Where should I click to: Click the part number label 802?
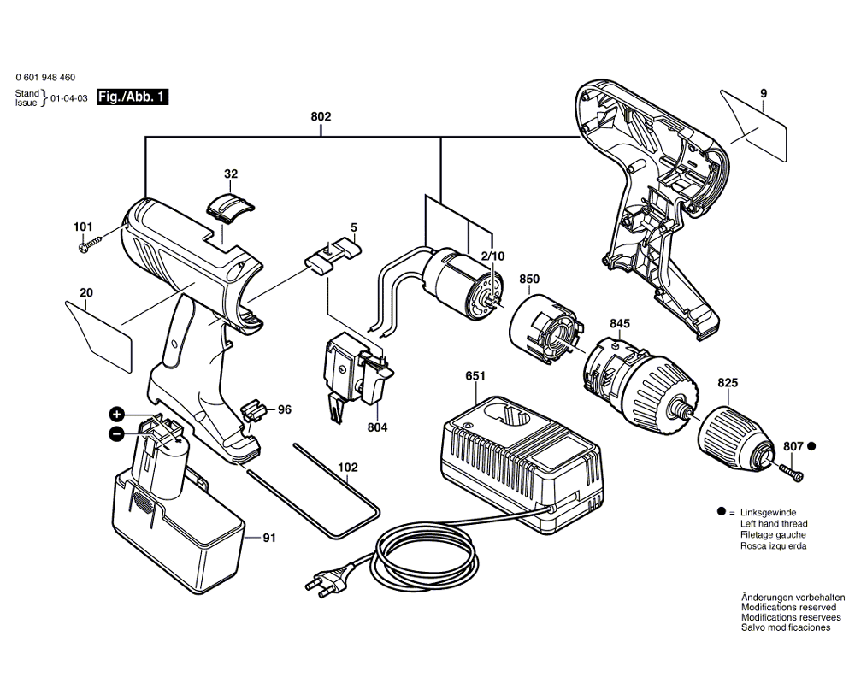click(x=321, y=116)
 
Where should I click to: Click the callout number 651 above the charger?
click(x=476, y=375)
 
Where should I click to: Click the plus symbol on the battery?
click(x=117, y=414)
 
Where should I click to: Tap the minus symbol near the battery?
click(x=117, y=433)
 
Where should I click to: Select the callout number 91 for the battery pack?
click(x=268, y=538)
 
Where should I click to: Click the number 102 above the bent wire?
click(x=347, y=468)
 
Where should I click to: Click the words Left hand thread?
click(x=774, y=523)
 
